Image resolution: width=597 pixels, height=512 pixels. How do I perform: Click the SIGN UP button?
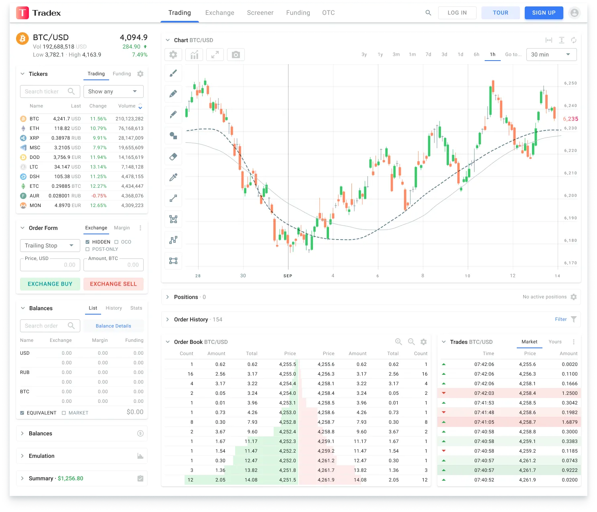coord(544,13)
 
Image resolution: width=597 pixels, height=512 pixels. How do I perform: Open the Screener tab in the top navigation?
coord(260,13)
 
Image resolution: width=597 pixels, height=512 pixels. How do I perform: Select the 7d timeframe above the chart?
coord(428,55)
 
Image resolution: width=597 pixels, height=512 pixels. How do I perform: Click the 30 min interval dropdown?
coord(551,55)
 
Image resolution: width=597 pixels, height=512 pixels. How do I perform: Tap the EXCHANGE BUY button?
coord(50,284)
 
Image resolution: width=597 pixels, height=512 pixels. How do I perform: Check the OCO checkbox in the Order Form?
coord(116,242)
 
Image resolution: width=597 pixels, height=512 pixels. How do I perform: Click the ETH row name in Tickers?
coord(35,128)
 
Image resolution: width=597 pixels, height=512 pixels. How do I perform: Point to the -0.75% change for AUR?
coord(99,196)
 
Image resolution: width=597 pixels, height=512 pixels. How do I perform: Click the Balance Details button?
coord(114,326)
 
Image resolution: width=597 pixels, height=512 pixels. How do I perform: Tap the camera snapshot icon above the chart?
coord(236,55)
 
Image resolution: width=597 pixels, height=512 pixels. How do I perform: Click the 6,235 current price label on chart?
coord(570,119)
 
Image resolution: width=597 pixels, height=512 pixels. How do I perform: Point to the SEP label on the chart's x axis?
coord(288,276)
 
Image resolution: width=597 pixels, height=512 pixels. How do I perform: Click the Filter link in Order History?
coord(561,319)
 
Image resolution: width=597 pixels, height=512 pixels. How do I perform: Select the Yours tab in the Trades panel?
coord(555,342)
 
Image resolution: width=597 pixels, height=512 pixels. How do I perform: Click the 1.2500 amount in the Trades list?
coord(570,393)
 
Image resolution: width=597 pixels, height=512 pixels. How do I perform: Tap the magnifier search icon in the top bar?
coord(428,13)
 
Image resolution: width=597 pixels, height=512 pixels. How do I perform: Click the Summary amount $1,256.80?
coord(71,478)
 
